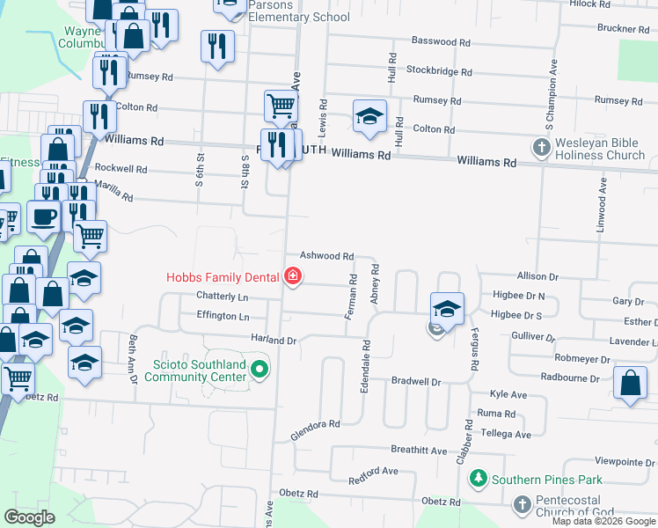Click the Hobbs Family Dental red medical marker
[293, 277]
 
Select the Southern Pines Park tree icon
[479, 480]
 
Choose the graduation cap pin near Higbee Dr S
[447, 309]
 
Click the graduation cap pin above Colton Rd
[370, 116]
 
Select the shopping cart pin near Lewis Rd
[281, 106]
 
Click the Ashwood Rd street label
[327, 255]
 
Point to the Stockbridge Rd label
[438, 71]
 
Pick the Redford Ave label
[374, 476]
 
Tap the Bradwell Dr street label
[415, 382]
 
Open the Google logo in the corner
[29, 517]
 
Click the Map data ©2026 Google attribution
[603, 521]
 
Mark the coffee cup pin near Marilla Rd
[44, 216]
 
